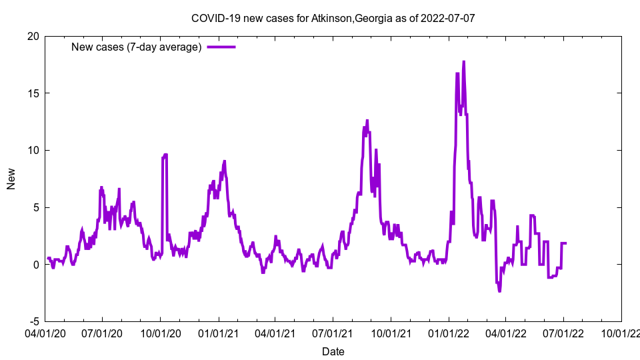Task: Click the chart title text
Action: [333, 18]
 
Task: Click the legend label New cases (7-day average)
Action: [137, 47]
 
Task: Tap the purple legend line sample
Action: [221, 47]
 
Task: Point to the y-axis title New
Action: [11, 179]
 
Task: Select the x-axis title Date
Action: [333, 351]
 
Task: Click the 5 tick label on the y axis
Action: [35, 207]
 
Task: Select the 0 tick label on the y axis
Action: [35, 264]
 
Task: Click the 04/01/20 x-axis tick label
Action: [45, 331]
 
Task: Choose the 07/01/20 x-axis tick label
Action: [103, 331]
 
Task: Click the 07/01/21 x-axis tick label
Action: [333, 331]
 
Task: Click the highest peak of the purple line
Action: [463, 62]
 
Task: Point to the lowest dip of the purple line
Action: [499, 291]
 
